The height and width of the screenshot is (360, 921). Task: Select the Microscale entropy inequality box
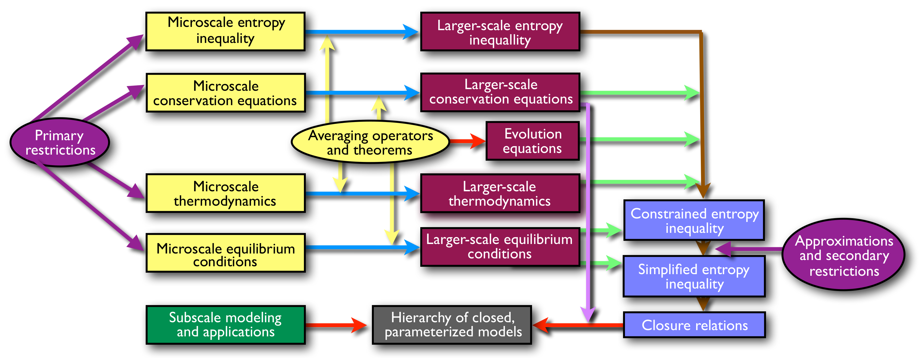(x=226, y=32)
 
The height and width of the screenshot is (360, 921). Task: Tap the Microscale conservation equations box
(x=226, y=93)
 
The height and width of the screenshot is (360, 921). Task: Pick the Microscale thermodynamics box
(x=226, y=193)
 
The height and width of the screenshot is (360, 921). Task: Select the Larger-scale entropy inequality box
(x=500, y=32)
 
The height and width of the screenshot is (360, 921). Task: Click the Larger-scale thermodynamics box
(x=500, y=193)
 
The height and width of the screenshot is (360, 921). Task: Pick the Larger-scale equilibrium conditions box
(x=500, y=247)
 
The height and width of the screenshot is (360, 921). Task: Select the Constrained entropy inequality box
(x=694, y=220)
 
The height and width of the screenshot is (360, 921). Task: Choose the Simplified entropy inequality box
(x=694, y=276)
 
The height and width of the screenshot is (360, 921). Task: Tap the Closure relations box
(x=694, y=325)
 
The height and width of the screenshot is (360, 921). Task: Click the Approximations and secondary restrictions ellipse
(x=844, y=255)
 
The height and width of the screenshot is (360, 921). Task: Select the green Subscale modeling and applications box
(x=226, y=325)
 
